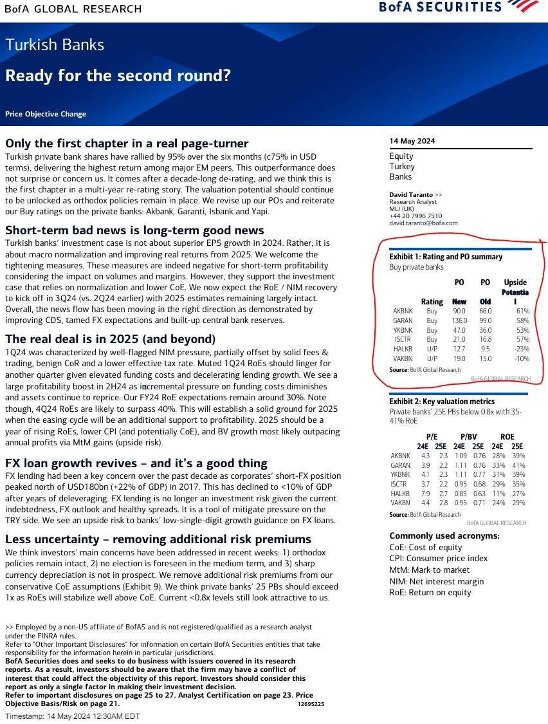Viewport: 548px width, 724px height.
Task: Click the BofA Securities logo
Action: click(459, 7)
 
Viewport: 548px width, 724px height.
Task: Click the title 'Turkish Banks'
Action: click(55, 45)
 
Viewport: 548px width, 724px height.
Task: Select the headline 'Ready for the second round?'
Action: click(118, 75)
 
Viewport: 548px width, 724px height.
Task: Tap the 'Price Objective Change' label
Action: click(46, 114)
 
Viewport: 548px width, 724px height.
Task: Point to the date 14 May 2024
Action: click(412, 141)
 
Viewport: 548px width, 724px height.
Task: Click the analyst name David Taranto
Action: click(412, 194)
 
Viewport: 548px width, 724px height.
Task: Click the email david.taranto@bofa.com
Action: click(423, 223)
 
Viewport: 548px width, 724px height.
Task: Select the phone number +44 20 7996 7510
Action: click(416, 216)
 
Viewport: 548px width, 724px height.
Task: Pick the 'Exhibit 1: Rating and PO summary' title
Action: click(446, 257)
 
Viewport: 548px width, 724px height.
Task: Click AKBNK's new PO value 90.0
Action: click(459, 311)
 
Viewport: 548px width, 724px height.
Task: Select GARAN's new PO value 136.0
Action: click(459, 320)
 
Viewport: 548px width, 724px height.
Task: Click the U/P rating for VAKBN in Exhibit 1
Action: click(432, 358)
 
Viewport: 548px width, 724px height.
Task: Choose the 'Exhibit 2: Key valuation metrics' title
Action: click(442, 402)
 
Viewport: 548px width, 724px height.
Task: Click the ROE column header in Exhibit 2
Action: click(507, 436)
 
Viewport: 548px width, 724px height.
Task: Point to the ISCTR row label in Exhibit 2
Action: click(400, 484)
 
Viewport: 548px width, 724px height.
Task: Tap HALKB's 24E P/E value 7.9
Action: click(425, 494)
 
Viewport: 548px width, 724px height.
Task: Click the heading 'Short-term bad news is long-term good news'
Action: click(134, 230)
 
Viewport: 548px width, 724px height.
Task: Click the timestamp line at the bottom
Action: click(73, 716)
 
